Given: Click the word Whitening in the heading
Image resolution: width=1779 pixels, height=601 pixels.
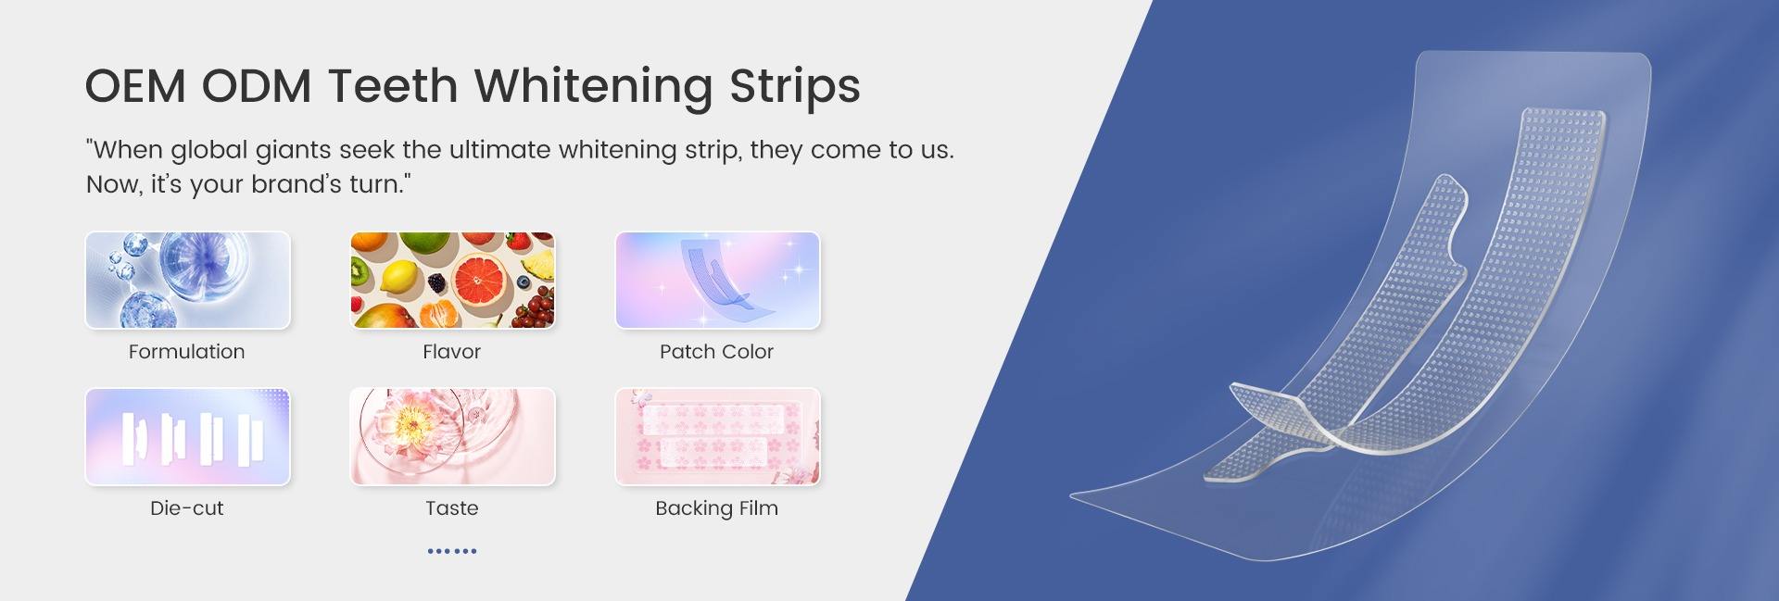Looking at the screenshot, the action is pyautogui.click(x=595, y=86).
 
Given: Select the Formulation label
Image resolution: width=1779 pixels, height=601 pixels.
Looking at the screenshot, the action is pyautogui.click(x=187, y=352).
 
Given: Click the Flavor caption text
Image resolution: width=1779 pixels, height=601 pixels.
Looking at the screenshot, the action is pyautogui.click(x=452, y=352).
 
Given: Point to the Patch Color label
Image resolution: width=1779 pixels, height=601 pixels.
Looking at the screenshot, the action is pyautogui.click(x=717, y=352).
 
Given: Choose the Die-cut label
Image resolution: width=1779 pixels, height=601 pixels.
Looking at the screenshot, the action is pyautogui.click(x=187, y=508).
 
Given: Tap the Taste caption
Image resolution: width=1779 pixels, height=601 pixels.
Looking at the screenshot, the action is pyautogui.click(x=452, y=508).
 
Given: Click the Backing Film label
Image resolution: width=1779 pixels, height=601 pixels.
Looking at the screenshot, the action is pyautogui.click(x=717, y=508).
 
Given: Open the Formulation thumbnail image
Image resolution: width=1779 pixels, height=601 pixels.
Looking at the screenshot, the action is pyautogui.click(x=188, y=280).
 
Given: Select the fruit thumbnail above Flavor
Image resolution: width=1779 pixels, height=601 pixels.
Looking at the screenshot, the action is pyautogui.click(x=453, y=280).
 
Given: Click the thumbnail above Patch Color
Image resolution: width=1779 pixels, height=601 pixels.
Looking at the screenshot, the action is pyautogui.click(x=718, y=280).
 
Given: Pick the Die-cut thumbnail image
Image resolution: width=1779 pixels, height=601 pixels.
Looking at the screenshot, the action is pyautogui.click(x=188, y=436).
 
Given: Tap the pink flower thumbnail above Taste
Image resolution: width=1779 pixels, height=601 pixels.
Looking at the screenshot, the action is pyautogui.click(x=453, y=436).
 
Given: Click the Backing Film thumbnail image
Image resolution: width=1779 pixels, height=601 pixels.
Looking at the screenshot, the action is pyautogui.click(x=718, y=436).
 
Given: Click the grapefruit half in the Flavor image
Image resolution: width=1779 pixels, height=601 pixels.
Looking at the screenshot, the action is pyautogui.click(x=480, y=279).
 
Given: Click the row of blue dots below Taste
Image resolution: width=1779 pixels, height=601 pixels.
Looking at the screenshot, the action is pyautogui.click(x=452, y=551).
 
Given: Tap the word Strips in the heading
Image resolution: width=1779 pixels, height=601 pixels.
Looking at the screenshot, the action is pyautogui.click(x=795, y=87).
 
